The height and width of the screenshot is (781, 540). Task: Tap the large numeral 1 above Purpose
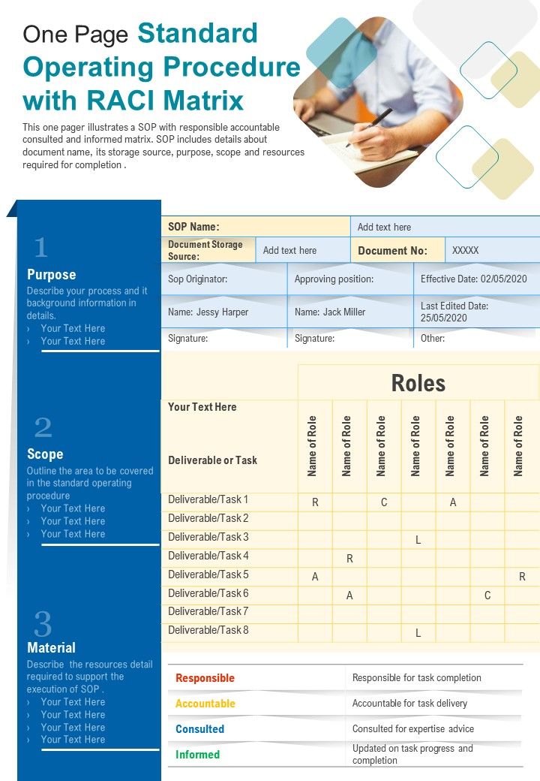point(40,248)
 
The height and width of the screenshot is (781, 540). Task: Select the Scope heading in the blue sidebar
point(45,454)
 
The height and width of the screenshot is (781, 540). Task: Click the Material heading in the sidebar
point(51,647)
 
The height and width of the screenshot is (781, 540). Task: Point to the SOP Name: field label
point(193,227)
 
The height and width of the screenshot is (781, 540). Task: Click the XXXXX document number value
point(465,251)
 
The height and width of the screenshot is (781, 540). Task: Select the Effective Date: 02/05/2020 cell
point(473,279)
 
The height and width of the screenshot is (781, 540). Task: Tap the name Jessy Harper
point(208,312)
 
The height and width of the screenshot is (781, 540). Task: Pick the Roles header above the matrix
point(418,384)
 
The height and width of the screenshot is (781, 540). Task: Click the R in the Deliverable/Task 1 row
point(315,502)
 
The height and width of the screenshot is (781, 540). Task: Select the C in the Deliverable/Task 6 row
point(487,596)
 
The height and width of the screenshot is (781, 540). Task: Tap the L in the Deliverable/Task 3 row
point(418,540)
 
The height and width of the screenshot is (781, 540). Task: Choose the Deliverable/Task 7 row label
point(208,612)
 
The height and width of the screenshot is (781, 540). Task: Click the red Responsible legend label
point(205,678)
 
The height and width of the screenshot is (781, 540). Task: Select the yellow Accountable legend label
point(205,704)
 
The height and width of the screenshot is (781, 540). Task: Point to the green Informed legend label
point(197,755)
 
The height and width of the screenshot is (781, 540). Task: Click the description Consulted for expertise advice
point(412,728)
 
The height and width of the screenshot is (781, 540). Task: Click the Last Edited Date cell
point(454,312)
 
